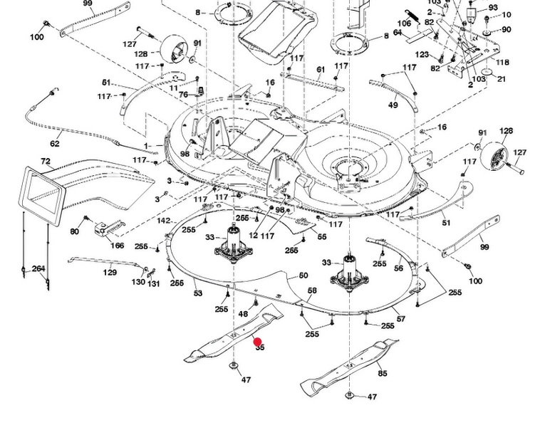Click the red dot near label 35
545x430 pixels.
(257, 342)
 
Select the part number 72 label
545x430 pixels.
(46, 162)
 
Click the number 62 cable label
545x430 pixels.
(55, 144)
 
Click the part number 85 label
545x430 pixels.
(383, 373)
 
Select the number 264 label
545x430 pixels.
(38, 268)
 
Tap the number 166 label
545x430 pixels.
(118, 246)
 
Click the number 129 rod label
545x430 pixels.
(110, 273)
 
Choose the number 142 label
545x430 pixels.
(164, 221)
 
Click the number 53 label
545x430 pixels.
(198, 293)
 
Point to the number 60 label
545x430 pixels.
(303, 276)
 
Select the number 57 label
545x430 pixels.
(401, 319)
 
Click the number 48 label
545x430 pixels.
(243, 314)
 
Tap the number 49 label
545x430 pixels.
(393, 105)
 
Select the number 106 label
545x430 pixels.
(404, 24)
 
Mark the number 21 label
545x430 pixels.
(502, 79)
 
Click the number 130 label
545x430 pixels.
(138, 283)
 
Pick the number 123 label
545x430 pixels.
(422, 55)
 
